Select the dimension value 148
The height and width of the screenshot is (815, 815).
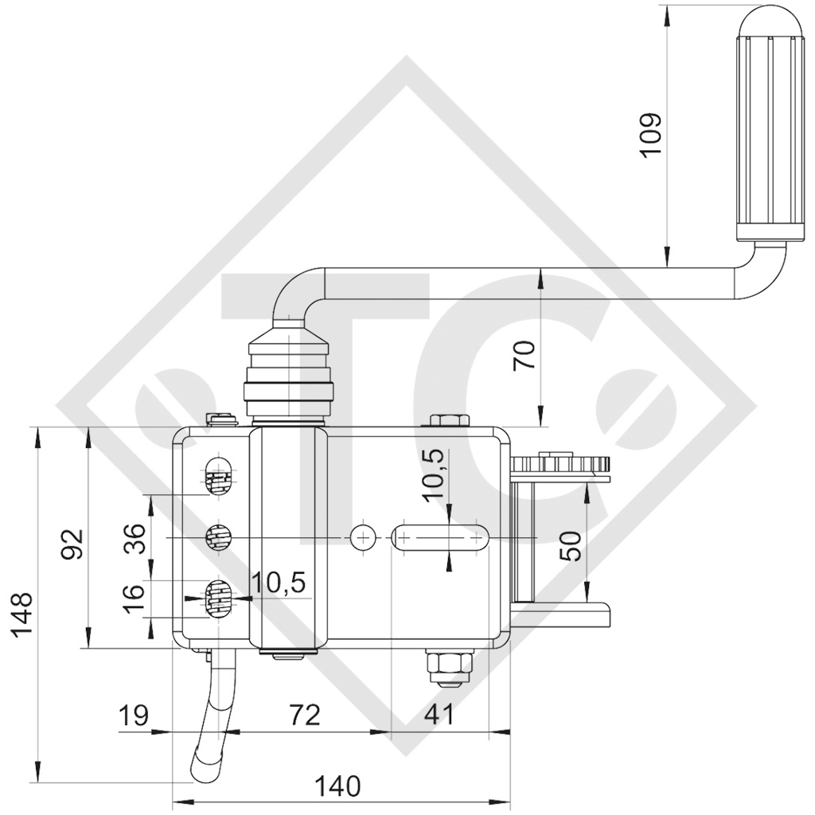tap(21, 618)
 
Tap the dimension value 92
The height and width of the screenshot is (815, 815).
tap(72, 544)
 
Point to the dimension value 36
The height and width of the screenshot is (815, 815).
tap(135, 539)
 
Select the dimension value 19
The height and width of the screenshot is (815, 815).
tap(134, 715)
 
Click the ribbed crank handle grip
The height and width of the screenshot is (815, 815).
tap(768, 127)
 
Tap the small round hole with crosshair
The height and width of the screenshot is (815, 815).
tap(364, 538)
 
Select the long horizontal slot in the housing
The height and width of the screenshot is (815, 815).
tap(439, 538)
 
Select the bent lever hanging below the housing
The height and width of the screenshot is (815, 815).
tap(213, 720)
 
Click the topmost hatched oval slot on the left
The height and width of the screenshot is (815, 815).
tap(216, 478)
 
